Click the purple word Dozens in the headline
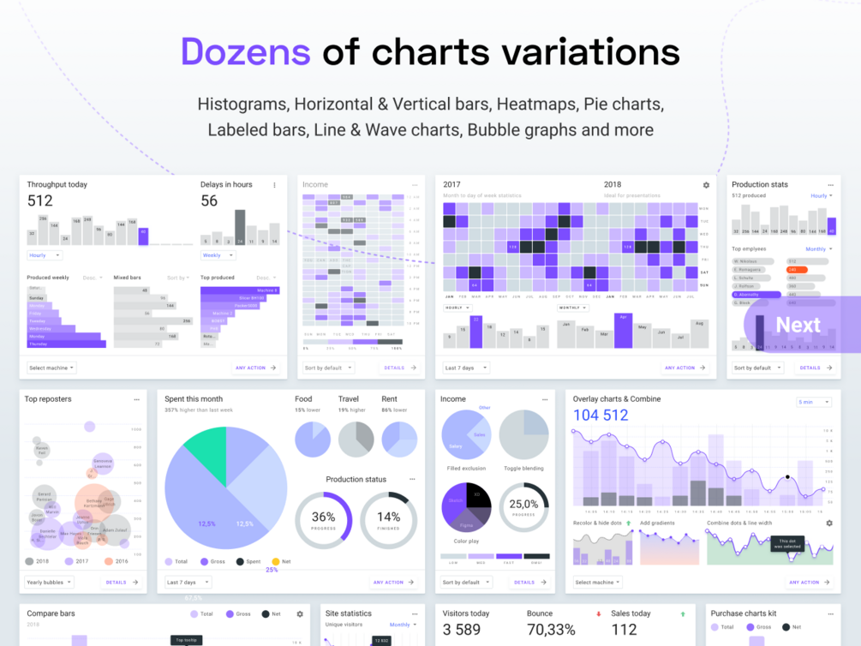point(245,51)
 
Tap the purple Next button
point(798,325)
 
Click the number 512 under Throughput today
point(39,200)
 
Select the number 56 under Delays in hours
point(209,200)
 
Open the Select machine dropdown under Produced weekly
point(51,368)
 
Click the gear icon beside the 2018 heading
point(706,185)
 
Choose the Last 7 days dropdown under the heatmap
point(466,368)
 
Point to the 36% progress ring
point(324,520)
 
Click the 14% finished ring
point(388,520)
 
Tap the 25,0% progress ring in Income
point(523,507)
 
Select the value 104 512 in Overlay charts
point(601,416)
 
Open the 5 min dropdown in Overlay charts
point(813,402)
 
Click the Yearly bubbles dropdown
point(49,582)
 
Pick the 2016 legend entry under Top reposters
point(115,561)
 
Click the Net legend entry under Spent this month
point(281,561)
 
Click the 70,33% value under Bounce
point(551,630)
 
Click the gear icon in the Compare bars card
point(300,614)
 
